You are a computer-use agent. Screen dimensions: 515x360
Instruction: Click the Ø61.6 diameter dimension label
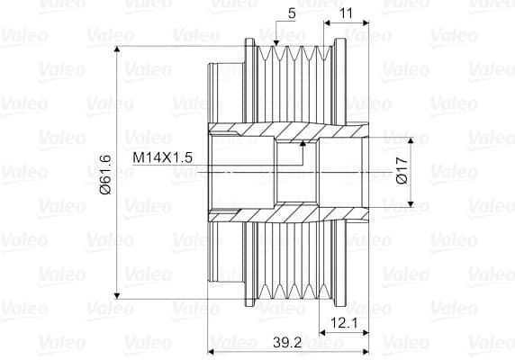point(106,175)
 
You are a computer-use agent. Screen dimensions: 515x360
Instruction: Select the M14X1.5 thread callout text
point(162,157)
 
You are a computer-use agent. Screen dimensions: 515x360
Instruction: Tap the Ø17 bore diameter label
point(402,171)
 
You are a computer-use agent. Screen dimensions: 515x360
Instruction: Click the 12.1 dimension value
point(344,323)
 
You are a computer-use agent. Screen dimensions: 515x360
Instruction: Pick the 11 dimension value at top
point(346,13)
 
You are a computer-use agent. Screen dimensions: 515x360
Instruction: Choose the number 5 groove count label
point(292,13)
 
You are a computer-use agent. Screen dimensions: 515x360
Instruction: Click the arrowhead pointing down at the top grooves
point(276,43)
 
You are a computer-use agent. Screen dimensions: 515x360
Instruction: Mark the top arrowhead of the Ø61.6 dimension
point(117,47)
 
